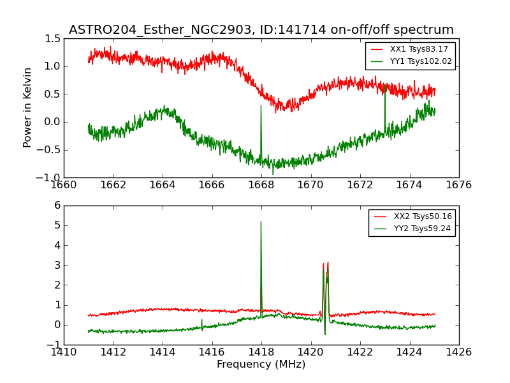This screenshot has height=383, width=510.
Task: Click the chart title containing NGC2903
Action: [x=261, y=30]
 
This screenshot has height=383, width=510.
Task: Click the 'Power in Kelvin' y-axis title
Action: [x=27, y=107]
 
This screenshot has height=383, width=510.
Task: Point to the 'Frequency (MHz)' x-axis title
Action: [x=261, y=364]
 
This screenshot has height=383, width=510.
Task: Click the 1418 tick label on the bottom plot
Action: [x=261, y=352]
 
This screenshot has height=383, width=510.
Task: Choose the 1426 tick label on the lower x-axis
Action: [x=458, y=352]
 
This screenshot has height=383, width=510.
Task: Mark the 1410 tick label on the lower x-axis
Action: [x=64, y=352]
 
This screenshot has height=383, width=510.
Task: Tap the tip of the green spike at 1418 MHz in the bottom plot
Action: [x=261, y=222]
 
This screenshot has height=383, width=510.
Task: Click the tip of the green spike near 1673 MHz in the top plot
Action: [x=385, y=86]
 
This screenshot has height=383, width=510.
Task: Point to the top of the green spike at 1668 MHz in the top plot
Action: [x=261, y=105]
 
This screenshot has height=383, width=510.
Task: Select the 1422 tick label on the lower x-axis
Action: [x=360, y=352]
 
